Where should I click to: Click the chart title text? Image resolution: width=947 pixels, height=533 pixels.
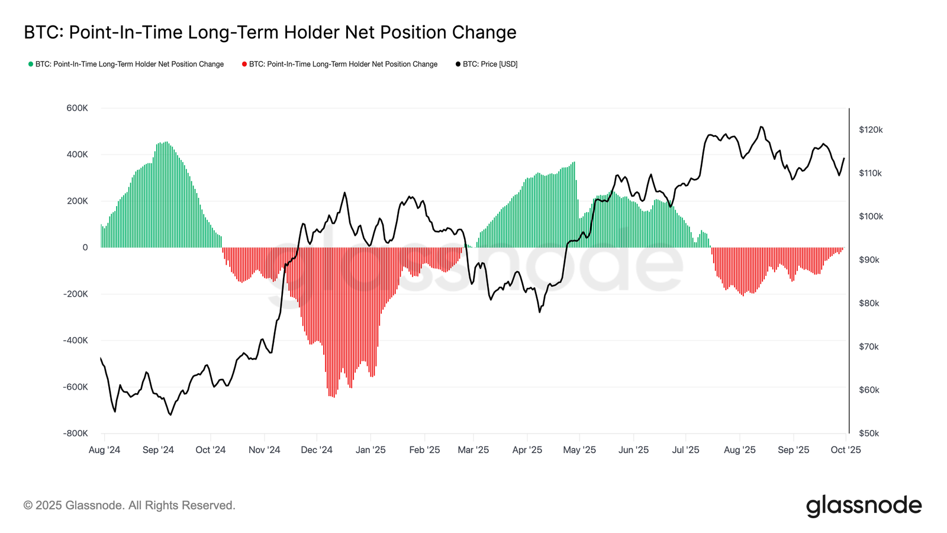point(270,32)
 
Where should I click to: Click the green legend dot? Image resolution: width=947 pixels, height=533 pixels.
point(31,64)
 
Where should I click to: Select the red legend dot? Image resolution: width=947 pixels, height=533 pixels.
point(244,64)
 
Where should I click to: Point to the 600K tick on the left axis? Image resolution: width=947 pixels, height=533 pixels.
point(78,108)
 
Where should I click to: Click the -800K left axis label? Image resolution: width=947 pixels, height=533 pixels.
point(76,434)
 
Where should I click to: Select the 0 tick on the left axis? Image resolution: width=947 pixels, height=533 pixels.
point(85,248)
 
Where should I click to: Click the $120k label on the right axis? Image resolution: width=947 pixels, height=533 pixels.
point(871,130)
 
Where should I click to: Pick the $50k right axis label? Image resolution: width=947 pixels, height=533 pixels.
point(869,434)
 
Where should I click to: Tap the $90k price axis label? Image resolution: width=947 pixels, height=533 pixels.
point(869,260)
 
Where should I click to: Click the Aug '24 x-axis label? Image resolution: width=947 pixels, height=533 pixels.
point(104,450)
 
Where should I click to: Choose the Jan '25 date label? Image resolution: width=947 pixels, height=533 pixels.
point(371,450)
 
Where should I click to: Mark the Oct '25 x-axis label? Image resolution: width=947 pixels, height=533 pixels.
point(846,450)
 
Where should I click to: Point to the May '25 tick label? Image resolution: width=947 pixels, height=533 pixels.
point(579,450)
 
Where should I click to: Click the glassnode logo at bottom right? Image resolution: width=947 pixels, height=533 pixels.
point(864,506)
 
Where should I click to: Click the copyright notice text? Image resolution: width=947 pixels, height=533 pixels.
point(130,506)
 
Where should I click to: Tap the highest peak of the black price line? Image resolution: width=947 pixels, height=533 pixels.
point(761,127)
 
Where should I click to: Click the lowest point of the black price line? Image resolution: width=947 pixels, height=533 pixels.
point(170,415)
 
